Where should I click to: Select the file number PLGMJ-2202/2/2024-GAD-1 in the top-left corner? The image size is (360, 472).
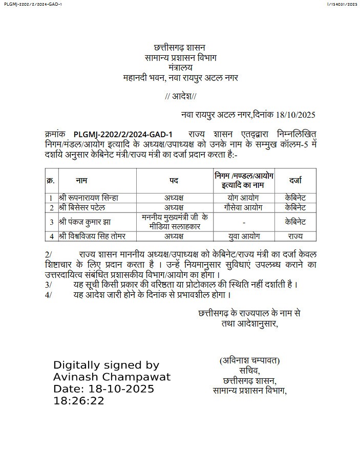point(32,4)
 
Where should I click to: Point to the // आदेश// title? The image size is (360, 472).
point(181,96)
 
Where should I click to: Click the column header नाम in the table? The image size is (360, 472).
point(81,180)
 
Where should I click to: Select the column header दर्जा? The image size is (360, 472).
point(295,180)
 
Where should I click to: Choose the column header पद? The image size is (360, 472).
point(174,180)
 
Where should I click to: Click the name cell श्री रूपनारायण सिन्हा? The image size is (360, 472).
point(89,198)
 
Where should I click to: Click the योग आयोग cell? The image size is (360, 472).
point(243,198)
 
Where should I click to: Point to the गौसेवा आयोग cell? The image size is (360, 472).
point(243,207)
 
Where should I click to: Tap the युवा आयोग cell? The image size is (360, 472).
point(243,236)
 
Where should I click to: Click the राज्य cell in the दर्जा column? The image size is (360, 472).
point(295,236)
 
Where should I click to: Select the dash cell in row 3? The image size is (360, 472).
point(244,222)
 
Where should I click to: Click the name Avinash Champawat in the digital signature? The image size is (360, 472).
point(112,377)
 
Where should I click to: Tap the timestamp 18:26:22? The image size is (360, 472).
point(79,400)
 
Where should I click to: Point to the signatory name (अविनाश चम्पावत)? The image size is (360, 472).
point(249,360)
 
